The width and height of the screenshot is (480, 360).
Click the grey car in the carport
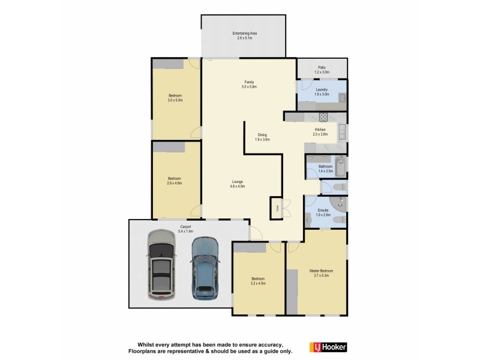[161, 265]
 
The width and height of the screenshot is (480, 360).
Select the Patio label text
[322, 67]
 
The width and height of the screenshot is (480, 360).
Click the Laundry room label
[321, 90]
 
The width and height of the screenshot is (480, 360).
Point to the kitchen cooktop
[322, 117]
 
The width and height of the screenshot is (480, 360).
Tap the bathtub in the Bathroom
[340, 167]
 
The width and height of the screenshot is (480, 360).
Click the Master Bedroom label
[321, 271]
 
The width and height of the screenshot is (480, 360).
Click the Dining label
[262, 135]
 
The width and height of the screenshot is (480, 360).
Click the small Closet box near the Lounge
[277, 208]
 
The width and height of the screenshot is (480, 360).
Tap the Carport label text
[185, 226]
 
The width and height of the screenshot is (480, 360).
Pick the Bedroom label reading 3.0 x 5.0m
[175, 96]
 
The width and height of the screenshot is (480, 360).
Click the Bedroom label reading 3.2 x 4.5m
[258, 279]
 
